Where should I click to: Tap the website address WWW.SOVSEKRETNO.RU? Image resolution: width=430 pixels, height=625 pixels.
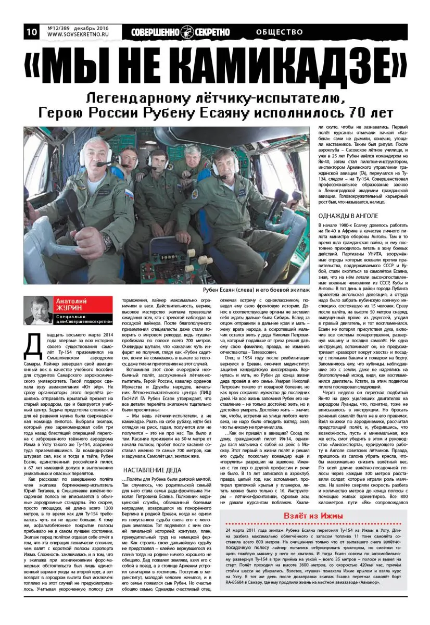pos(78,35)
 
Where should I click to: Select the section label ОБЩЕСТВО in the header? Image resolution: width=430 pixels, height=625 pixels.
pos(280,32)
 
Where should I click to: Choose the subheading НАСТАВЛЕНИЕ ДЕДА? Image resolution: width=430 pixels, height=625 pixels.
pos(151,470)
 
